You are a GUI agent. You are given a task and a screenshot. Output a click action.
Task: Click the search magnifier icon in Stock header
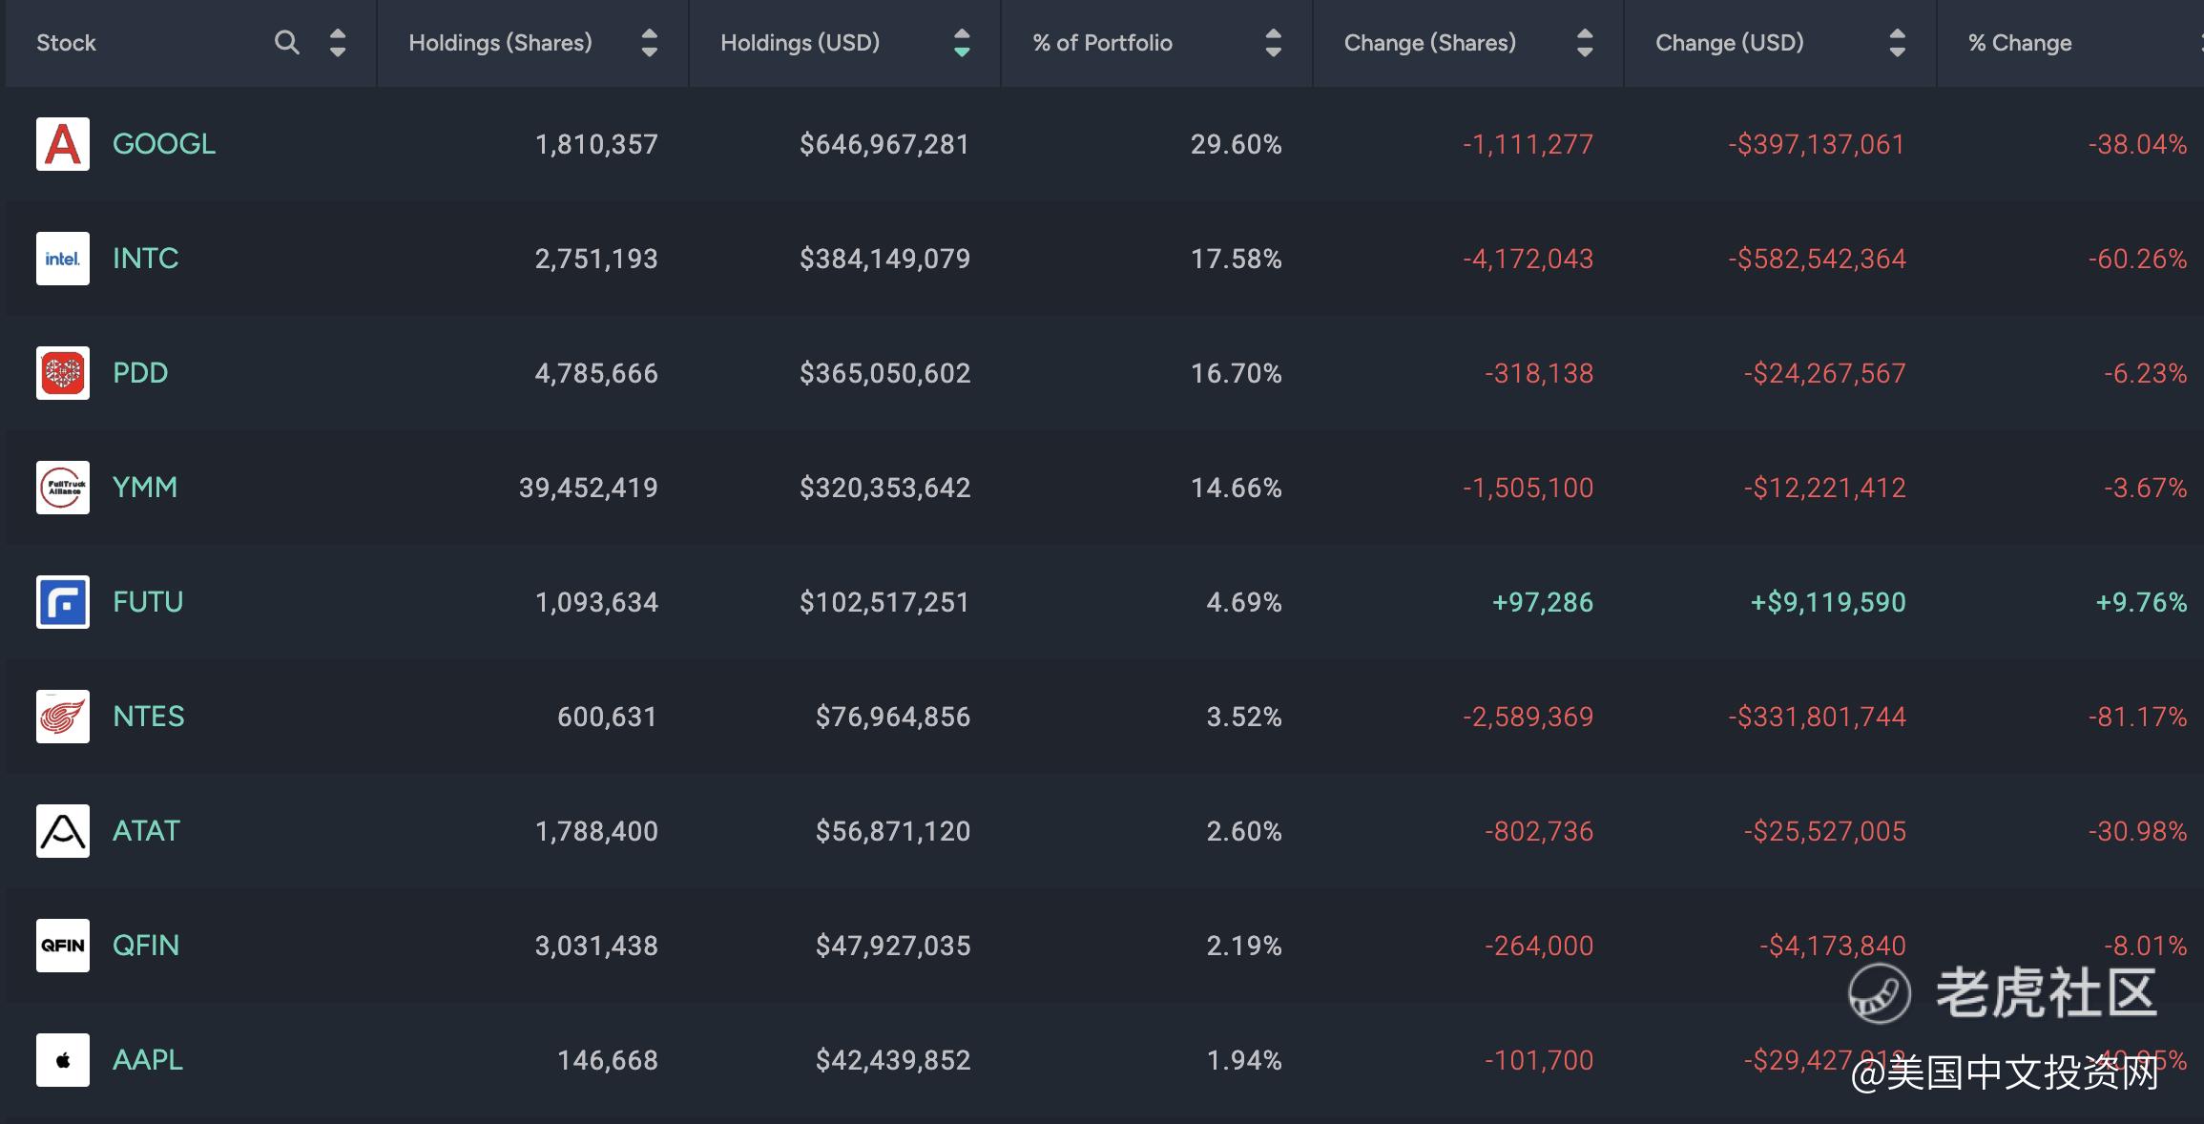[286, 42]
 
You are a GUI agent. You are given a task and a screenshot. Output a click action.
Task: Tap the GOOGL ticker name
[164, 144]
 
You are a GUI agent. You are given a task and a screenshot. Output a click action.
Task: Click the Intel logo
[63, 259]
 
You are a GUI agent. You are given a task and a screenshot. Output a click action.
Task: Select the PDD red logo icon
[63, 373]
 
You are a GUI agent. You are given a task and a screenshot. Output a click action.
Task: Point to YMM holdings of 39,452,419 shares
[588, 488]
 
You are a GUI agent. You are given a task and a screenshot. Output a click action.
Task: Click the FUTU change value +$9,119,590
[1828, 602]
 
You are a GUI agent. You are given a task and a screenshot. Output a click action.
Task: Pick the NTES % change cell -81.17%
[2137, 717]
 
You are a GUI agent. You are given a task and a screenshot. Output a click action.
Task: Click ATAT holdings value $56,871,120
[892, 831]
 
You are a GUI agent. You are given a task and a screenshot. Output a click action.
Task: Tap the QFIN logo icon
[63, 946]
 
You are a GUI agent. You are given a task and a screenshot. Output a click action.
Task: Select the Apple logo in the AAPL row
[63, 1060]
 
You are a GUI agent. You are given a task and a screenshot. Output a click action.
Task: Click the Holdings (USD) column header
[800, 43]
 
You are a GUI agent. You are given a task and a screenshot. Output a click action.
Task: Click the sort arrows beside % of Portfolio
[1273, 43]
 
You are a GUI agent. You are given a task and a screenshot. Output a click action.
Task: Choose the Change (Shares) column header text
[1429, 43]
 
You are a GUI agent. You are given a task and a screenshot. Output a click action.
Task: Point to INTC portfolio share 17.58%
[1236, 259]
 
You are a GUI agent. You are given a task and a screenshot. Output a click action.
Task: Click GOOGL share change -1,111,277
[1528, 144]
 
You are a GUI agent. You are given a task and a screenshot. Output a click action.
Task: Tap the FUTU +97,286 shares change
[1542, 602]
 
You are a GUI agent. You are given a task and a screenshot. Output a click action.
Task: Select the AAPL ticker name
[148, 1060]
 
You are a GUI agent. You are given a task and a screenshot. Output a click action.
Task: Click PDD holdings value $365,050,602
[884, 373]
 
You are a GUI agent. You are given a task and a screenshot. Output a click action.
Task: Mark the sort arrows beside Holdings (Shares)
[649, 43]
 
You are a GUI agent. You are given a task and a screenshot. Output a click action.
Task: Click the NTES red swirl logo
[63, 717]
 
